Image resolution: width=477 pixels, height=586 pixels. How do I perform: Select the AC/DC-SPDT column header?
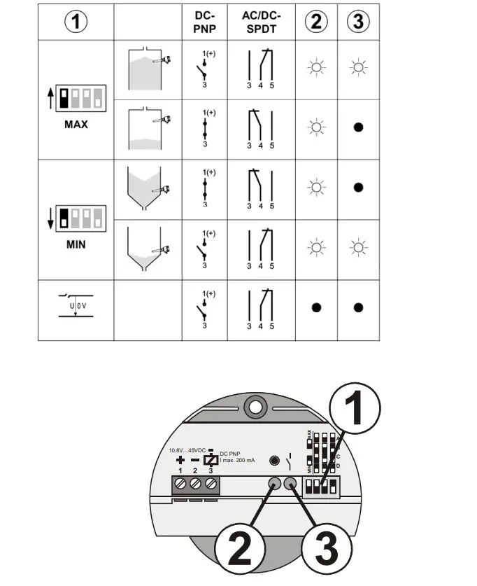point(260,22)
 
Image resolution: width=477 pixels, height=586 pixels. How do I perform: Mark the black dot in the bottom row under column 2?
point(315,307)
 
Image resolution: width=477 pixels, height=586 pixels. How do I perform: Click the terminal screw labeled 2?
point(195,484)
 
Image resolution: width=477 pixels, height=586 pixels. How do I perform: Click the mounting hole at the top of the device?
point(255,407)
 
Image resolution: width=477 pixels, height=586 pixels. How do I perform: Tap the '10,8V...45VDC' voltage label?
point(187,449)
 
